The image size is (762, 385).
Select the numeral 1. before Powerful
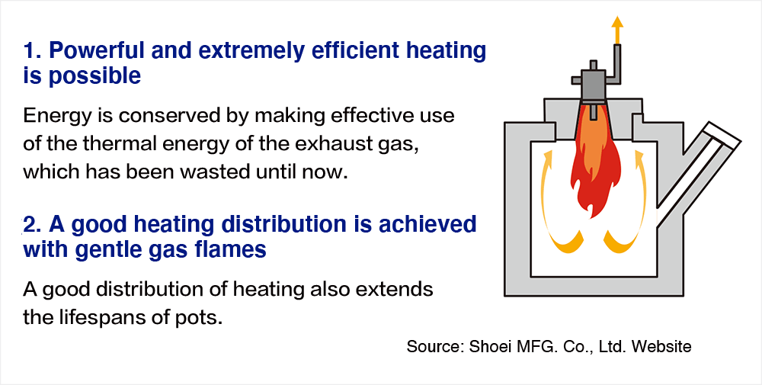pyautogui.click(x=33, y=50)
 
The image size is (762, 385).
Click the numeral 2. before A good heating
pyautogui.click(x=33, y=224)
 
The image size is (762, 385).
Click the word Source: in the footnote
pyautogui.click(x=434, y=347)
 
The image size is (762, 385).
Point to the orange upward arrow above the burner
pyautogui.click(x=617, y=30)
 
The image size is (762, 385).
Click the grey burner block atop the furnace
pyautogui.click(x=593, y=82)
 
